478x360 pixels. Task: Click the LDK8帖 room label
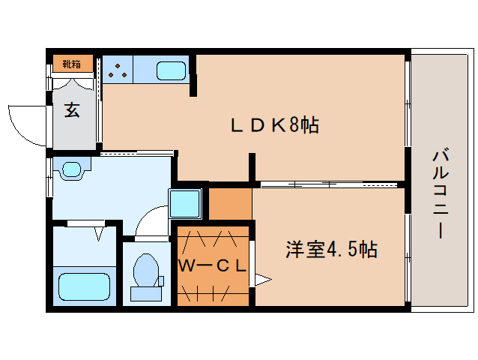(x=273, y=126)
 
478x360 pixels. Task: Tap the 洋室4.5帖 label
(x=330, y=249)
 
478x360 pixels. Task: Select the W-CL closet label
(x=212, y=265)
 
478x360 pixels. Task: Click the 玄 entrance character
(x=71, y=110)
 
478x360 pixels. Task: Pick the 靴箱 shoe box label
(x=72, y=64)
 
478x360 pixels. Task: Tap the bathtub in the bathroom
(x=85, y=285)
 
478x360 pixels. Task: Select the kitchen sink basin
(x=172, y=71)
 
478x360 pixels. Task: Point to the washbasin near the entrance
(x=73, y=169)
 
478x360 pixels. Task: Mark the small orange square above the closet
(x=229, y=202)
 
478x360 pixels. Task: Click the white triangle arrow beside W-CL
(x=261, y=280)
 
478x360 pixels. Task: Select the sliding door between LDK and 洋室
(x=330, y=184)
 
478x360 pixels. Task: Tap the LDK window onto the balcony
(x=408, y=105)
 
